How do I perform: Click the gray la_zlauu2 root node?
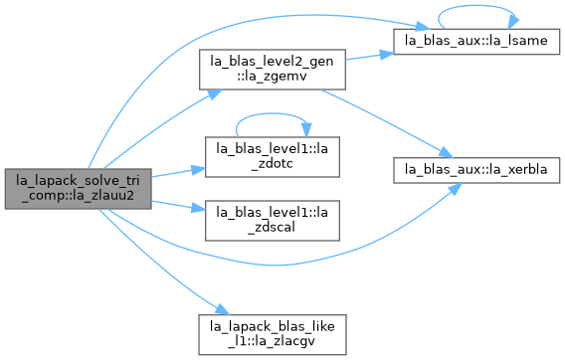click(79, 189)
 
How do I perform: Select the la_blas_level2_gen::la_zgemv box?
click(273, 70)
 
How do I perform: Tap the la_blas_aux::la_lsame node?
click(476, 42)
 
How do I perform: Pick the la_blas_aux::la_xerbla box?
click(476, 170)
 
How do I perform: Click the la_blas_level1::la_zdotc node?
click(273, 157)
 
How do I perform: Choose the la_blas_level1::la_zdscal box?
click(273, 221)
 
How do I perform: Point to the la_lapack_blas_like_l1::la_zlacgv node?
click(273, 335)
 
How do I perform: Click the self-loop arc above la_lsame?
click(476, 6)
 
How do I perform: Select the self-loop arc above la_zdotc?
click(271, 114)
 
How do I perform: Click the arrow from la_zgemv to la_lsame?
click(370, 57)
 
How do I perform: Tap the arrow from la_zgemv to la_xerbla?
click(387, 122)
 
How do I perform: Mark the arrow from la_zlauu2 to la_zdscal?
click(178, 206)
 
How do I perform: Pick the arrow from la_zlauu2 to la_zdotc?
click(178, 172)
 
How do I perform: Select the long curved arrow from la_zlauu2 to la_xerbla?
click(274, 266)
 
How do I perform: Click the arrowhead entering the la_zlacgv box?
click(224, 309)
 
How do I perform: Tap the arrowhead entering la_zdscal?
click(199, 208)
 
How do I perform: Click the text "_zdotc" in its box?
click(272, 164)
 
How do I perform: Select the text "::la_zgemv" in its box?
click(272, 76)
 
